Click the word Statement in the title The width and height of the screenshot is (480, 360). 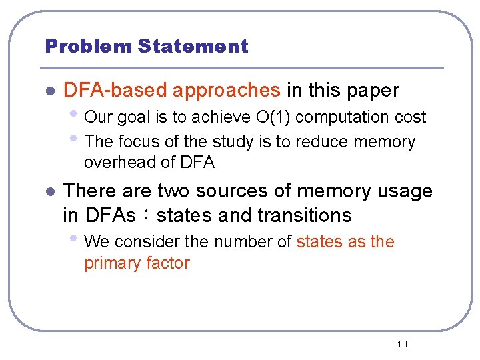point(193,47)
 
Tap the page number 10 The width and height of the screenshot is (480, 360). point(401,344)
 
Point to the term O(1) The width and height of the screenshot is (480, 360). point(273,117)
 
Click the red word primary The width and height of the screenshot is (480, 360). point(108,263)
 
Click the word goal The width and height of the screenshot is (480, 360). point(133,117)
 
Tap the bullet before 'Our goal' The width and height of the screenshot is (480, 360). point(77,115)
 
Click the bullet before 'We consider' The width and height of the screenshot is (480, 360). point(77,239)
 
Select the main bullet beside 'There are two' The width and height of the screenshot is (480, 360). point(48,192)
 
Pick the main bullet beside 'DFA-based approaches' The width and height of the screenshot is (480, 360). point(48,91)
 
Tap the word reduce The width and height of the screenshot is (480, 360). point(325,142)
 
